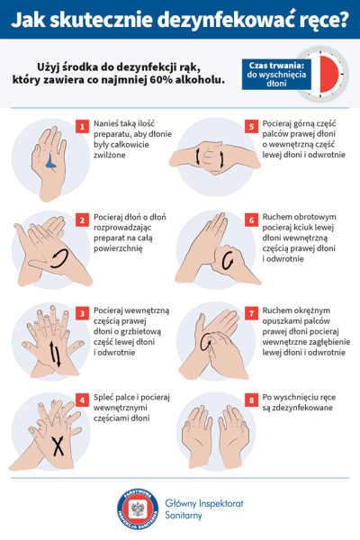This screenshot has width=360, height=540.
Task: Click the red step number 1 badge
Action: coord(82,127)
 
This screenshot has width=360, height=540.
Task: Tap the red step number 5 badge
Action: coord(251,127)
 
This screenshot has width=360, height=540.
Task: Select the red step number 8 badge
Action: coord(251,400)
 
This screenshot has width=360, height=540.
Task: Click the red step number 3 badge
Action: coord(82,313)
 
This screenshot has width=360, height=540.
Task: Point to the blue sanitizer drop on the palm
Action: coord(51,162)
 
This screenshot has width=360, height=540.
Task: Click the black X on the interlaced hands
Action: coord(58,446)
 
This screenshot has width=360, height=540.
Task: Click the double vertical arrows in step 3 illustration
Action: coord(54,354)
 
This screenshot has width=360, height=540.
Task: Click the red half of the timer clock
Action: coord(329,74)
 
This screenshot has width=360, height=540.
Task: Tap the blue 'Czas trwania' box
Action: coord(276,75)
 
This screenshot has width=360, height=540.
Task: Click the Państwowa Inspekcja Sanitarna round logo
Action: coord(138,508)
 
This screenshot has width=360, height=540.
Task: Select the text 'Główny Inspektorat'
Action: coord(204,503)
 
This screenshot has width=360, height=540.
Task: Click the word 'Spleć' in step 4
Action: coord(103,398)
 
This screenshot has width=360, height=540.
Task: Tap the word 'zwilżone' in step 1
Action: coord(110,155)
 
